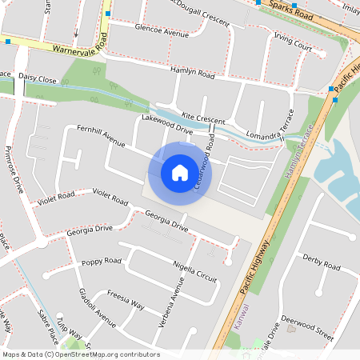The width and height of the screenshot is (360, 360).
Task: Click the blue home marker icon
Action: tap(180, 171)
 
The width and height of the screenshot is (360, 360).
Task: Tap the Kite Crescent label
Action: tap(202, 117)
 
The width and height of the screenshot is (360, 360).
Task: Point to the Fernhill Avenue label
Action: tap(101, 136)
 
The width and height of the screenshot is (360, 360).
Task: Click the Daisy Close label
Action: tap(38, 80)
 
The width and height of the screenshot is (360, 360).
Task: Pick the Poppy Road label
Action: tap(102, 261)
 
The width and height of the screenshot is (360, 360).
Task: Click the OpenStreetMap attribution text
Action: tap(80, 354)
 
